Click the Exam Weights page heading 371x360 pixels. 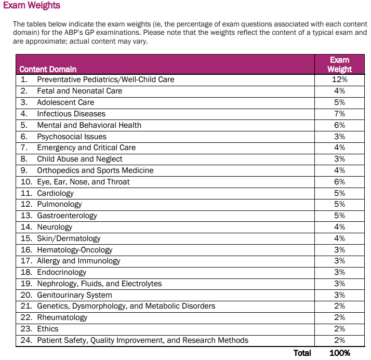point(32,6)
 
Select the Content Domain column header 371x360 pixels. point(48,69)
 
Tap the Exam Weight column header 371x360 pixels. point(339,64)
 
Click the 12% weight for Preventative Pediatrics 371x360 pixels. point(339,79)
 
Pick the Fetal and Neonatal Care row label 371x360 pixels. point(79,91)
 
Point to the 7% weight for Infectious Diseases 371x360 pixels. point(339,114)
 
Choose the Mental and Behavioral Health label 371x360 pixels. point(89,125)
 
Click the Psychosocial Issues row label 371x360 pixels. point(72,137)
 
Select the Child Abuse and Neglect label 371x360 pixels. point(79,159)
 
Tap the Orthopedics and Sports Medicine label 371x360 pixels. point(95,170)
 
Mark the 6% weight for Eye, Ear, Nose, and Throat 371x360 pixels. point(339,182)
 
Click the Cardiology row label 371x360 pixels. point(55,193)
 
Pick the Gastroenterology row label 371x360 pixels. point(67,216)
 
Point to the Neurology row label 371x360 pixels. point(55,227)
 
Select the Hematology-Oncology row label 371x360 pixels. point(75,250)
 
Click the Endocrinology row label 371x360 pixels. point(61,272)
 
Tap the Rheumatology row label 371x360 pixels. point(62,317)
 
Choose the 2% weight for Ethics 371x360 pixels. point(339,329)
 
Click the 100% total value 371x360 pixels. point(339,353)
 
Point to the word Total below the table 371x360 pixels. point(302,353)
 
